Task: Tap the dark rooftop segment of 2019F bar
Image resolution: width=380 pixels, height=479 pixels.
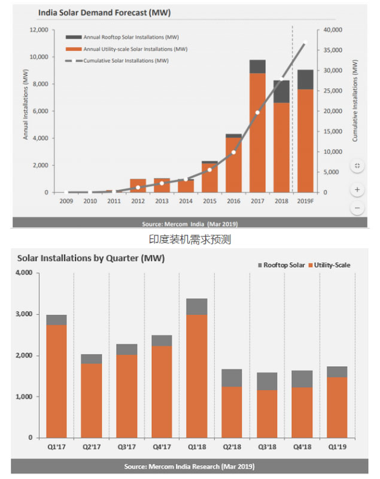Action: pos(305,79)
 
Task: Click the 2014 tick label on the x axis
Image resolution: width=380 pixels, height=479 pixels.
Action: pos(186,201)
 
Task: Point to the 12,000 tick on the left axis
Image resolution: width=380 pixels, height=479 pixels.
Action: pos(39,30)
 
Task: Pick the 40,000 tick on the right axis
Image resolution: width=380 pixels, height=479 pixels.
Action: pos(332,30)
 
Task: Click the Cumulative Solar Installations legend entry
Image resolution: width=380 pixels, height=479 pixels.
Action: pos(126,60)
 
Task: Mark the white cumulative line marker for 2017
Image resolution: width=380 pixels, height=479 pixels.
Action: pos(257,112)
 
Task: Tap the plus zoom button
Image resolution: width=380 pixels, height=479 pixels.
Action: pos(357,189)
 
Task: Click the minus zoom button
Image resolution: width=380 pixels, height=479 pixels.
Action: pos(357,208)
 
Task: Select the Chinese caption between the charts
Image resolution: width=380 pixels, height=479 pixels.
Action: pos(190,239)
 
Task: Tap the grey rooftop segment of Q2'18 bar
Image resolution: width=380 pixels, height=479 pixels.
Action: pos(232,378)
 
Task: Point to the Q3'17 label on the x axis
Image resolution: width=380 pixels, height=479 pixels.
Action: pos(126,447)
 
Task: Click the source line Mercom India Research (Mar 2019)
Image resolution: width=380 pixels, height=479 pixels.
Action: pos(190,466)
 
